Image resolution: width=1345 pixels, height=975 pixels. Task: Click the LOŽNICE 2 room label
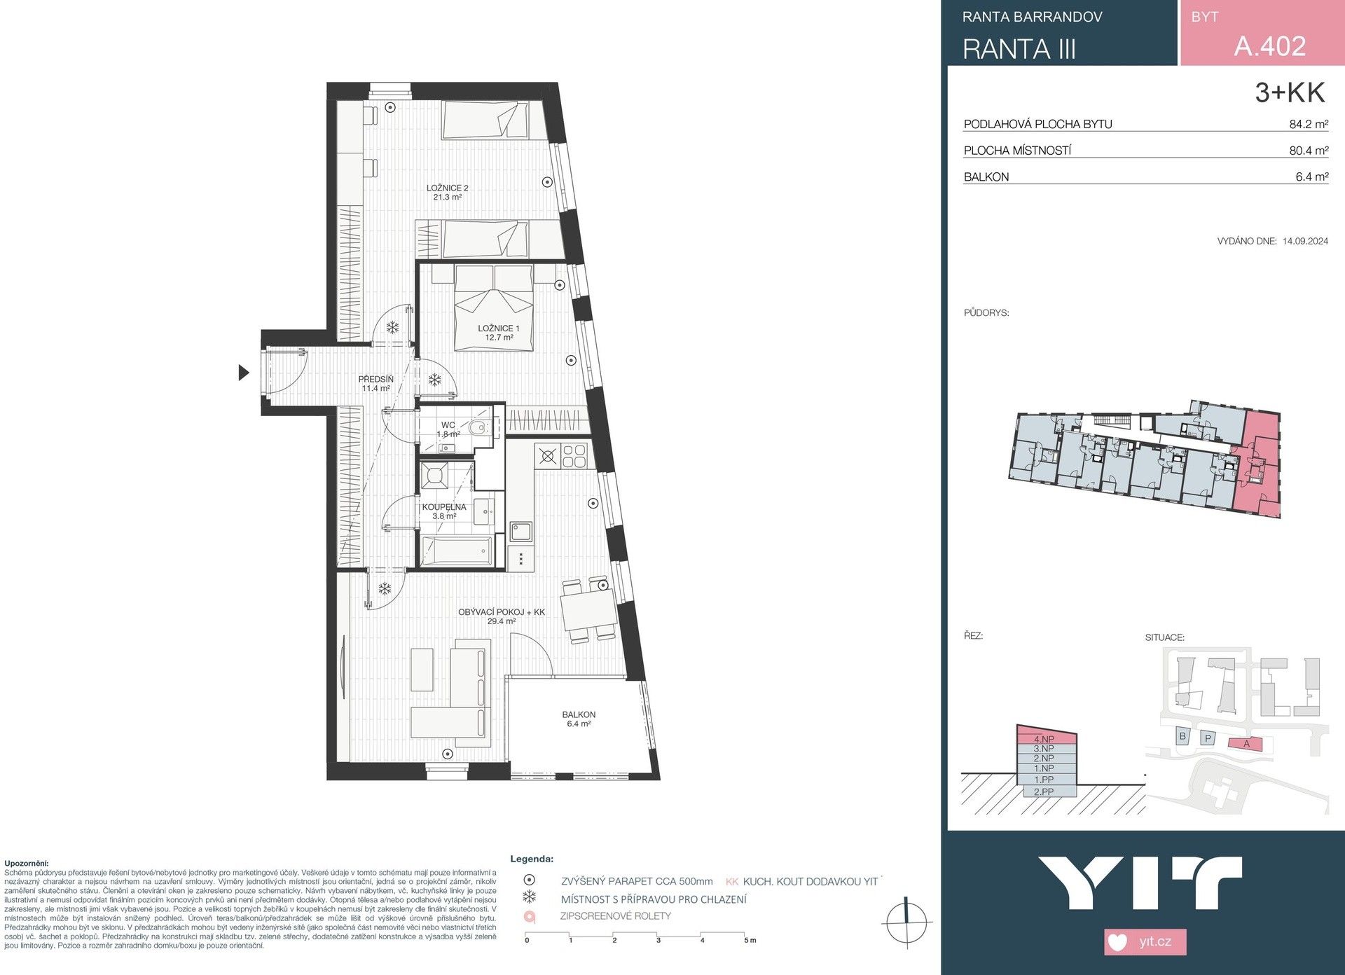point(447,192)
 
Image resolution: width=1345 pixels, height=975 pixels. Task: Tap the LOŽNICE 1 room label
point(499,333)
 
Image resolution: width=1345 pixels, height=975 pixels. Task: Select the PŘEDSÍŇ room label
point(376,383)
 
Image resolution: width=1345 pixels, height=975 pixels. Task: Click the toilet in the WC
point(479,429)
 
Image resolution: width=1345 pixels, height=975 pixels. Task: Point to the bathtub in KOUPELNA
point(456,552)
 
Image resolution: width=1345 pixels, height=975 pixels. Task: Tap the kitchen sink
point(520,532)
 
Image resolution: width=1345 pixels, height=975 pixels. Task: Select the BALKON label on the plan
point(579,719)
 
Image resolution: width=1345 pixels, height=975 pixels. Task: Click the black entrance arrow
point(243,373)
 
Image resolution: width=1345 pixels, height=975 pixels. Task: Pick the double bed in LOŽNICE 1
point(493,308)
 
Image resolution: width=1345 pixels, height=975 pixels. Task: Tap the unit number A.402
point(1269,46)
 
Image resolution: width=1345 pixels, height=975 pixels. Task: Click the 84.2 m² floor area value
point(1309,125)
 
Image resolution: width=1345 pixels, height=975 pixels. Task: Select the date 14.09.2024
point(1305,241)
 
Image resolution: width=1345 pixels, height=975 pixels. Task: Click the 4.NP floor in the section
point(1044,739)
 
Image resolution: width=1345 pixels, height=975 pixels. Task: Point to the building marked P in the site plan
point(1208,738)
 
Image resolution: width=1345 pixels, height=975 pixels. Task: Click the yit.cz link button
point(1145,941)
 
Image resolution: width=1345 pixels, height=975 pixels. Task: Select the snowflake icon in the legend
point(530,897)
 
